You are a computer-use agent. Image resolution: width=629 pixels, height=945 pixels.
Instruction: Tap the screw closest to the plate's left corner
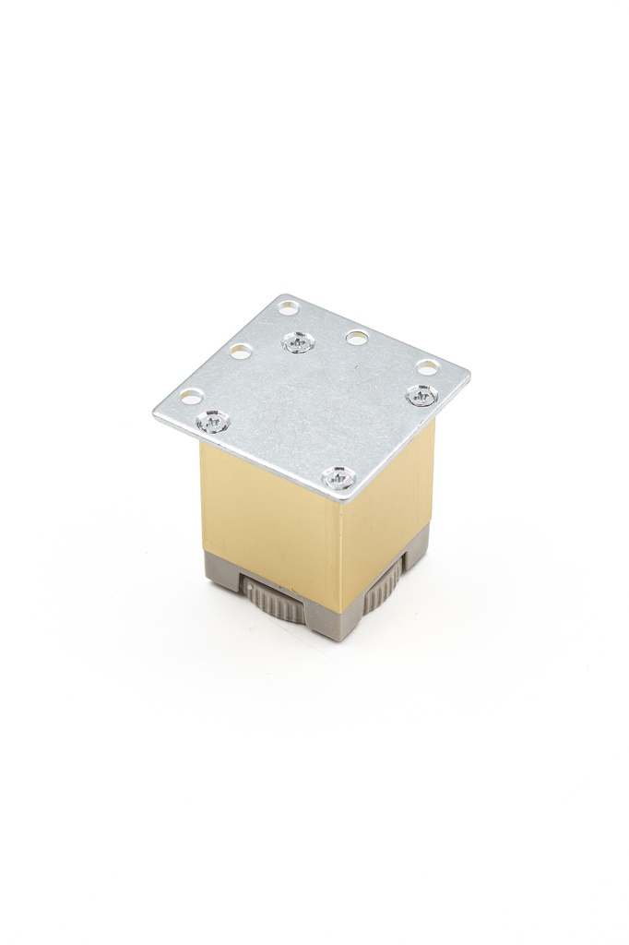[x=213, y=422]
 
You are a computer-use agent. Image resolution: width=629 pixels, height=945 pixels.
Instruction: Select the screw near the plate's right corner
[x=421, y=396]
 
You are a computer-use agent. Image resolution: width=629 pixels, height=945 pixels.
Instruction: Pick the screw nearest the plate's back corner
[x=297, y=342]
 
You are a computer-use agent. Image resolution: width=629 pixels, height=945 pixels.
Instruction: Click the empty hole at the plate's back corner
[x=289, y=306]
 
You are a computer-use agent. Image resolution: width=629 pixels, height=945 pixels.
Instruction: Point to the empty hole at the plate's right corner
[x=427, y=367]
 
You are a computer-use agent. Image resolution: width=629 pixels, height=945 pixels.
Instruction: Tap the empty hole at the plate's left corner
[x=191, y=397]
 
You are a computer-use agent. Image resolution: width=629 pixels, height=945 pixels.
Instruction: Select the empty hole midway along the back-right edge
[x=357, y=337]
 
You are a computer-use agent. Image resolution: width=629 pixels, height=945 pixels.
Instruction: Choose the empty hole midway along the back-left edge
[x=241, y=352]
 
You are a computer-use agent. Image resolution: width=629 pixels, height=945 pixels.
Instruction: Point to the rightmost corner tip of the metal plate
[x=469, y=374]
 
